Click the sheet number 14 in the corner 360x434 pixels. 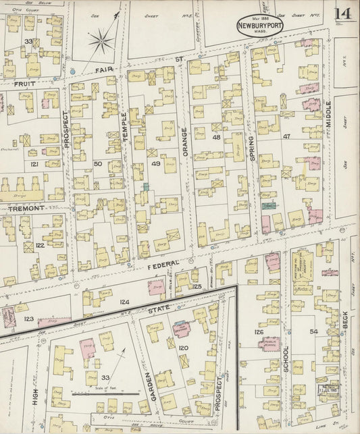point(342,14)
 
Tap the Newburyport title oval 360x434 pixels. point(260,26)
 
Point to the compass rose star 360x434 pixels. point(101,42)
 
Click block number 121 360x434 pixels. point(34,164)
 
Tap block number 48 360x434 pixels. point(216,137)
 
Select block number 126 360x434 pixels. point(258,332)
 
